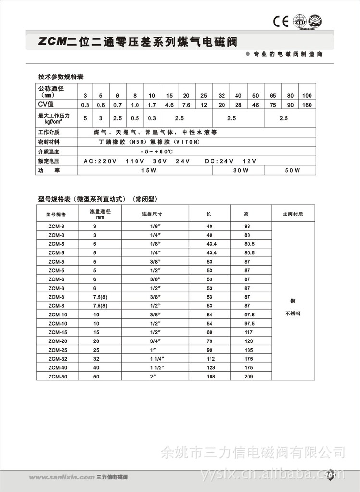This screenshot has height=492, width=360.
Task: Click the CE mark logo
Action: pos(280,21)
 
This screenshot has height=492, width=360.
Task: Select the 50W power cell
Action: pos(290,170)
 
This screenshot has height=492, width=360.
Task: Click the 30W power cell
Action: pos(240,170)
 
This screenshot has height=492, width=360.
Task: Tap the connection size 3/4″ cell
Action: pos(154,341)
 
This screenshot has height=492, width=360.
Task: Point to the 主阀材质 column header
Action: pos(293,214)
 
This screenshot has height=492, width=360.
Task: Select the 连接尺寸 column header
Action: pos(154,214)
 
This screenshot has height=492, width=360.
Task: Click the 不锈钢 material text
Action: pos(293,314)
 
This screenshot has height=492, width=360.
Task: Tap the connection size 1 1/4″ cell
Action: pos(154,359)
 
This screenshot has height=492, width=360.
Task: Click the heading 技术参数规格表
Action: pos(61,76)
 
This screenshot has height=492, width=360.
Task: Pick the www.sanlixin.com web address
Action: pos(61,478)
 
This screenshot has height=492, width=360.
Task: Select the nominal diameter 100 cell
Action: pos(307,96)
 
